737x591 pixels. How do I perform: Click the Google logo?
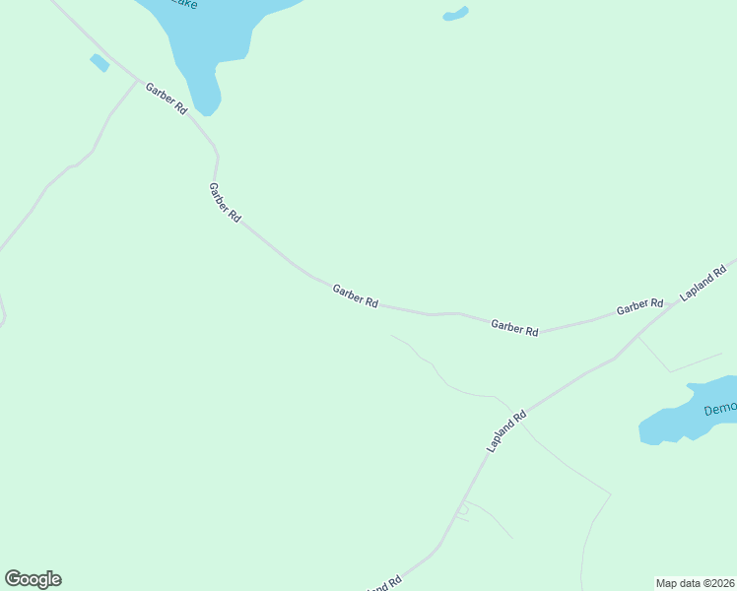click(33, 579)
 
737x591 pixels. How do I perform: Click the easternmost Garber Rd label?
click(639, 306)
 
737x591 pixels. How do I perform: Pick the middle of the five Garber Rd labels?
click(355, 296)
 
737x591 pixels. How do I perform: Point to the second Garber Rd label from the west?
click(225, 202)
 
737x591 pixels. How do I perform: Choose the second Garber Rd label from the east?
click(514, 328)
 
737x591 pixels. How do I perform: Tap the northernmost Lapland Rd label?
click(703, 283)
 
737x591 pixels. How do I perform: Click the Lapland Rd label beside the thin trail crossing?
click(506, 431)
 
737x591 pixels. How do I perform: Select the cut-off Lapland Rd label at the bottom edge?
click(384, 584)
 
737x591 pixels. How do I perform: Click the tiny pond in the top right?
click(455, 14)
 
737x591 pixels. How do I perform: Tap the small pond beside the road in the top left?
click(99, 63)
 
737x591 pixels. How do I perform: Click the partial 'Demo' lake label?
click(719, 409)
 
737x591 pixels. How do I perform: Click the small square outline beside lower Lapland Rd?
click(462, 513)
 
